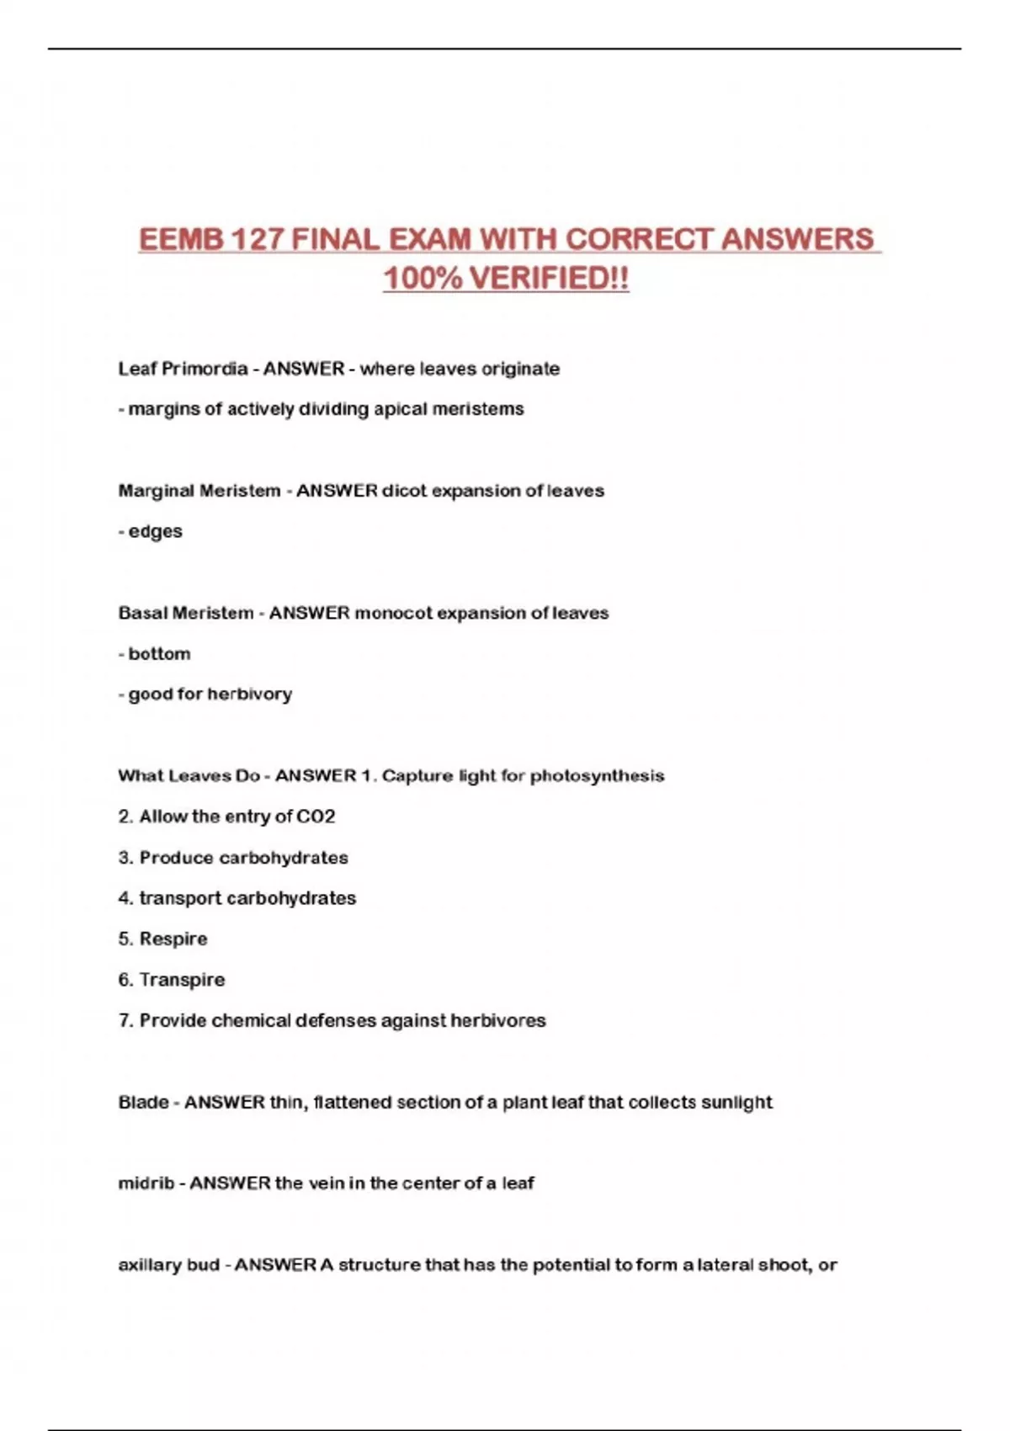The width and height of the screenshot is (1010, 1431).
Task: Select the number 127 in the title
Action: point(256,239)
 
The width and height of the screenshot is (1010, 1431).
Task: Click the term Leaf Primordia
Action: point(183,369)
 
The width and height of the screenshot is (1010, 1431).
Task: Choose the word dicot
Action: point(407,491)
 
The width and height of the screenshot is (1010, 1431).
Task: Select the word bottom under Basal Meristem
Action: point(159,654)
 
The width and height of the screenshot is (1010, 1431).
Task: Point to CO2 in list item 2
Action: point(316,817)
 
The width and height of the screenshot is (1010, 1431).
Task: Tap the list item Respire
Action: point(173,939)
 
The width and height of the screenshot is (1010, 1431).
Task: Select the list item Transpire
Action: point(182,980)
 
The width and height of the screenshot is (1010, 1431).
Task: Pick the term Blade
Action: point(143,1103)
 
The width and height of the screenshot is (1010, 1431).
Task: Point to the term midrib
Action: point(146,1184)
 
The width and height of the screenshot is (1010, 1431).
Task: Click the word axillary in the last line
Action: point(149,1265)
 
